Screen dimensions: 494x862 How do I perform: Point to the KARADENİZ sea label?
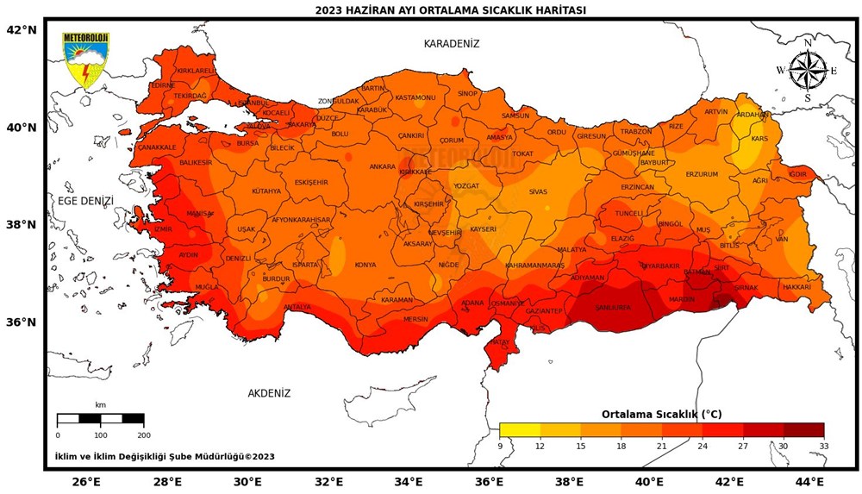tap(451, 43)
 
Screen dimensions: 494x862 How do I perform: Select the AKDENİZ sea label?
tap(269, 393)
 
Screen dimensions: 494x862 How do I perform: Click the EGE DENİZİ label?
tap(85, 201)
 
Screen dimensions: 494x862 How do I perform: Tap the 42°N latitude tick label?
tap(21, 29)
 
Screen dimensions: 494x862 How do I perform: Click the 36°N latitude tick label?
tap(21, 322)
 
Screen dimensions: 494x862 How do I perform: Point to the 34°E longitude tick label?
tap(409, 481)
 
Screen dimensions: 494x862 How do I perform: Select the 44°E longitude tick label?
tap(809, 481)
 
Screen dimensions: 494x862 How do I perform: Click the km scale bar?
tap(100, 419)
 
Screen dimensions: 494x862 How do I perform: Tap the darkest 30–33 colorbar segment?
tap(803, 430)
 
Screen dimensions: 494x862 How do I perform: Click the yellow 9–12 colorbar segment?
tap(520, 430)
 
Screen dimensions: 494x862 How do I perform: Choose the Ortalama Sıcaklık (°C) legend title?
tap(661, 414)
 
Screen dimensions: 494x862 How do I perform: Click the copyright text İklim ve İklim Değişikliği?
tap(165, 456)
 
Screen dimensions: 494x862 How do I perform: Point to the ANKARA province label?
tap(382, 166)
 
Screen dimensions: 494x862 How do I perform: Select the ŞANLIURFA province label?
tap(614, 308)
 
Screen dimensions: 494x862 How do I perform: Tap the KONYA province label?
tap(365, 265)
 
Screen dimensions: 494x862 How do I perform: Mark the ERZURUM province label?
tap(702, 174)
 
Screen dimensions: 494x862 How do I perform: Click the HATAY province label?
tap(500, 342)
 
